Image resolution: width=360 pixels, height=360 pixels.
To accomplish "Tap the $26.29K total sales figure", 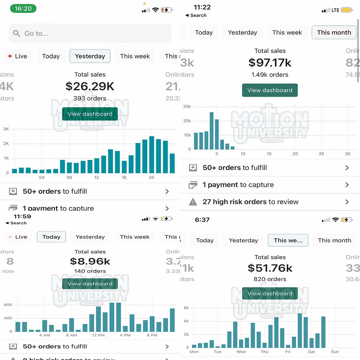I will click(90, 86).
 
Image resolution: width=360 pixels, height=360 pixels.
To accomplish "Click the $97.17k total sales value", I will click(270, 62).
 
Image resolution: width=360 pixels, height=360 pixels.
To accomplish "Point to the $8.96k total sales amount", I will click(90, 261).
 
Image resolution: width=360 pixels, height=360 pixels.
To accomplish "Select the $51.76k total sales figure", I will click(270, 268).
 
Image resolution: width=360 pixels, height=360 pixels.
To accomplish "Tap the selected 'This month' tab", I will click(334, 32).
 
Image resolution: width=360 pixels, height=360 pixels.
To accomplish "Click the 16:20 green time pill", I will click(23, 9).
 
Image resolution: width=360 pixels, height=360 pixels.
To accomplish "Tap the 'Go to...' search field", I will click(90, 33).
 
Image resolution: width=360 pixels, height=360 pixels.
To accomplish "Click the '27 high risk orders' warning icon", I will click(193, 202).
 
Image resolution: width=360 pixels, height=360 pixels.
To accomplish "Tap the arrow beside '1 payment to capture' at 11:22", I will click(347, 185).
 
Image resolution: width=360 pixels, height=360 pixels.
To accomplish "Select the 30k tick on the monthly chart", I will click(187, 107).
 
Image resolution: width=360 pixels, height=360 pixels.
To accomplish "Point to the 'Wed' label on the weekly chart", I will click(241, 352).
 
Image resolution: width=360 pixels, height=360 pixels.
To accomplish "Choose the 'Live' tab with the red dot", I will click(18, 56).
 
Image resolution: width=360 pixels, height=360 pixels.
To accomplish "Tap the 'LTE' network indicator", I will click(335, 10).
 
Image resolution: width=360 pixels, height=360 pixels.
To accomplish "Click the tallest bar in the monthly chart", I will click(211, 131).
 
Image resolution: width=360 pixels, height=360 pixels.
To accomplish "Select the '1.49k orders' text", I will click(270, 75).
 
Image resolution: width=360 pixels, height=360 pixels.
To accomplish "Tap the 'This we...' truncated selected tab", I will click(288, 240).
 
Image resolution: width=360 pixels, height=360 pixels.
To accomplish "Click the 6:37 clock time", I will click(202, 220).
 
